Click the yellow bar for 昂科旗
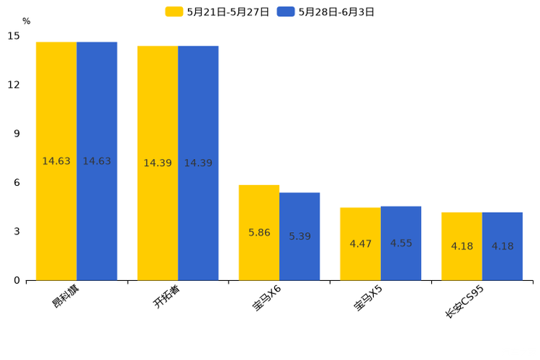[57, 161]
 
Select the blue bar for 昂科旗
[97, 161]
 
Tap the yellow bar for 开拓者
[157, 163]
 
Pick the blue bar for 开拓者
[198, 163]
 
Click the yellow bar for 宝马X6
[259, 233]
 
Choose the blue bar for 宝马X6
[300, 237]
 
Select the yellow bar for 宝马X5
[361, 244]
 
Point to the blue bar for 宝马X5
[401, 243]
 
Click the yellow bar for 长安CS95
[462, 246]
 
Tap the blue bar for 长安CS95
[502, 246]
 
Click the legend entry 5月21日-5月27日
[217, 12]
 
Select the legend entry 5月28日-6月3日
[326, 12]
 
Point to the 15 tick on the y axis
[14, 36]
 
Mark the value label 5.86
[259, 233]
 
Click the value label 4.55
[401, 243]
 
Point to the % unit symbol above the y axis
[26, 21]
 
